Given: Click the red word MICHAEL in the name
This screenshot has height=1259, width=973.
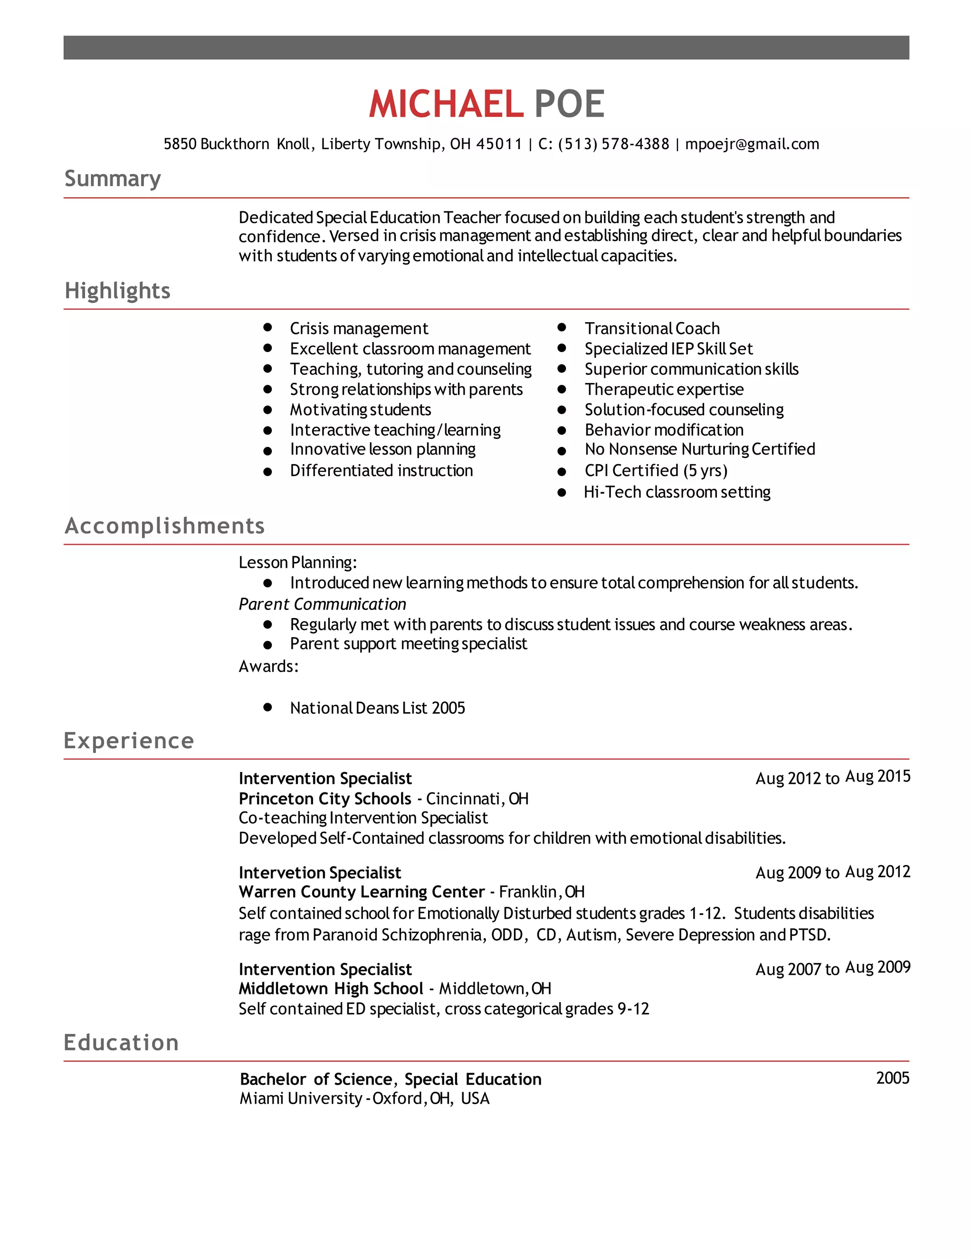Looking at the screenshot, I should point(446,105).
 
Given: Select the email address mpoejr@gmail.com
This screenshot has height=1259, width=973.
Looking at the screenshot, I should point(752,144).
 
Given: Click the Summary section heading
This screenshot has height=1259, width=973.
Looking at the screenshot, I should point(113,179).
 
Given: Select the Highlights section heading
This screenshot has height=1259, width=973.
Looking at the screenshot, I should point(118,291).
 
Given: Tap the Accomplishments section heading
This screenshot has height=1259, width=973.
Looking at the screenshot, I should point(165,526).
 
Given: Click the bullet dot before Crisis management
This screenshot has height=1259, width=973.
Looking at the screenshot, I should point(267,327).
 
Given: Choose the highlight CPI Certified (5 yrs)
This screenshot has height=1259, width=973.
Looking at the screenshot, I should point(656,471).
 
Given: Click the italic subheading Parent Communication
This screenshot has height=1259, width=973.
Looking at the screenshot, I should point(322,604).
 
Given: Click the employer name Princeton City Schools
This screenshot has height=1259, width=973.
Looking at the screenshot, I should point(325,799).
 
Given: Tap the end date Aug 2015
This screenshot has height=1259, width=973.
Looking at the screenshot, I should point(878,776).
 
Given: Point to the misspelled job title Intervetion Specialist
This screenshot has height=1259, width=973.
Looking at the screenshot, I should point(320,873).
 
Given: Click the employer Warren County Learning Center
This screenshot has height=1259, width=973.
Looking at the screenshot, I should point(362,892).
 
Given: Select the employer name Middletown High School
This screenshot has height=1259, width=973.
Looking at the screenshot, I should point(331,989).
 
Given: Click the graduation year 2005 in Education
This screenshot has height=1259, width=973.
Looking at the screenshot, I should point(892,1078).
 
